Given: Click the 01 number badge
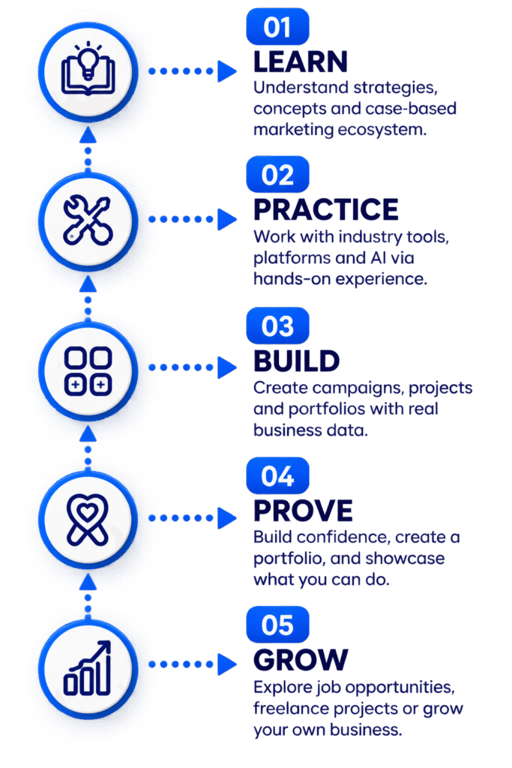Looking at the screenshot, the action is [277, 26].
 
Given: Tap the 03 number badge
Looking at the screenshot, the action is [277, 325].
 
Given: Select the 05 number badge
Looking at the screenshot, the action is [277, 625].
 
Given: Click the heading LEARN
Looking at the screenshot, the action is [301, 61].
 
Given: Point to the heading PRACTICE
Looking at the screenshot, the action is [326, 210].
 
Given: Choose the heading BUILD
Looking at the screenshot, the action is [297, 361].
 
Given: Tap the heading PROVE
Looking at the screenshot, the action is [303, 511].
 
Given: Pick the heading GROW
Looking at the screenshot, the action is [301, 660].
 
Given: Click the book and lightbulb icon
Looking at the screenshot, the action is [88, 69].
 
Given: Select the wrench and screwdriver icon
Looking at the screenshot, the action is [88, 220].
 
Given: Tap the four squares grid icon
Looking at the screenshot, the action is [88, 371].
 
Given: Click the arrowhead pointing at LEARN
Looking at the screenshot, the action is [226, 71].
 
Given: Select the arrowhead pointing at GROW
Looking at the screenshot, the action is [226, 664].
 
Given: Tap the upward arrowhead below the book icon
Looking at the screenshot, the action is [88, 135].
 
